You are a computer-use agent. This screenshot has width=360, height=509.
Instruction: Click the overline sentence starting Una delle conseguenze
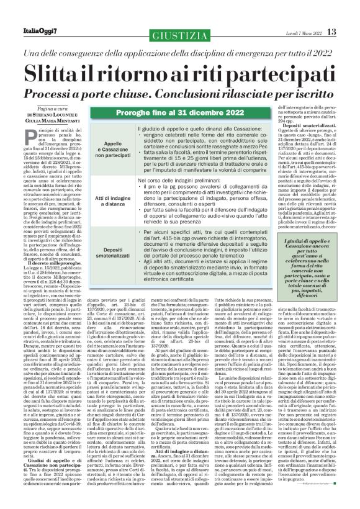tap(179, 52)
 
